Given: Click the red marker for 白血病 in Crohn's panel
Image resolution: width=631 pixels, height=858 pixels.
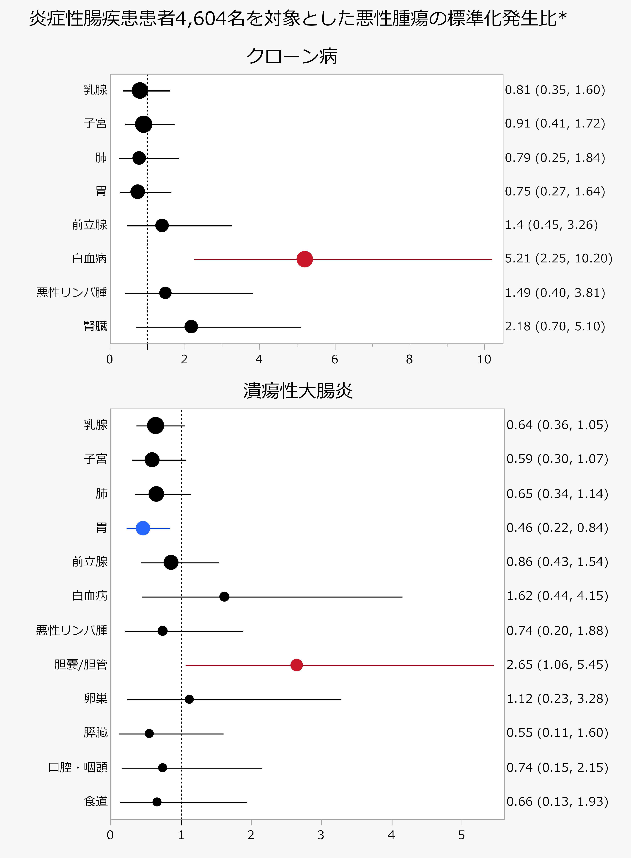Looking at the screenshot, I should coord(305,259).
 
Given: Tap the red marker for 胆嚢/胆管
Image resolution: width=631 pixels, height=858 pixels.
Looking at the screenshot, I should coord(296,665).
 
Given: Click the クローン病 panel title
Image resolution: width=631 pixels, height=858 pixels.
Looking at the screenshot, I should coord(292,56).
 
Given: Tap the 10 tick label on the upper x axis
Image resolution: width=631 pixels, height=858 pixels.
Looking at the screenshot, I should coord(484,359).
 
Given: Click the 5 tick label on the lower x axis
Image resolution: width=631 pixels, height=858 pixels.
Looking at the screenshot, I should coord(461,835).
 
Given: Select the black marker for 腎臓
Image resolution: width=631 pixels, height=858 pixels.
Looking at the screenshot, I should coord(191,327).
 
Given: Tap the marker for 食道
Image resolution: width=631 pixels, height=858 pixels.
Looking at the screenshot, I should coord(157,802).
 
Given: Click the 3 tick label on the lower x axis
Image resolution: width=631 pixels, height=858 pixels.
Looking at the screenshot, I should coord(321,835).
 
